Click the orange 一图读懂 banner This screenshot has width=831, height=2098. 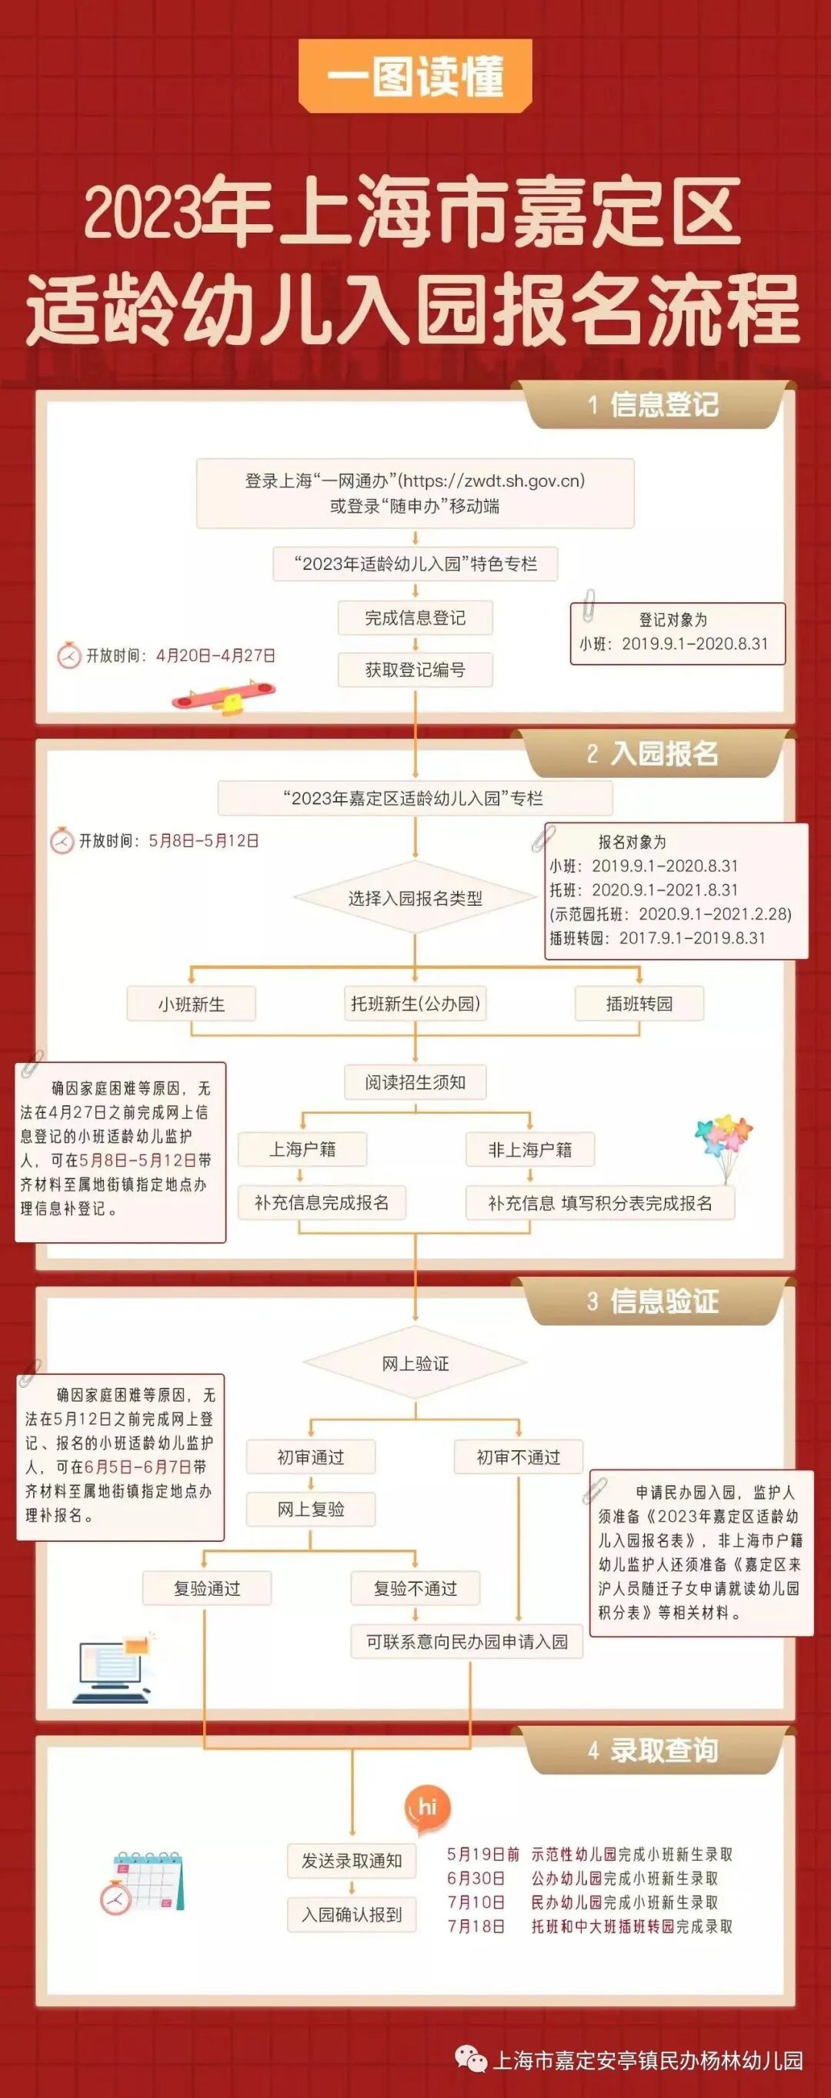click(415, 76)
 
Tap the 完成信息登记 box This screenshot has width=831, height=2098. click(415, 618)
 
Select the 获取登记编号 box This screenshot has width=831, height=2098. click(415, 670)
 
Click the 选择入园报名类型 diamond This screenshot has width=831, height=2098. click(415, 898)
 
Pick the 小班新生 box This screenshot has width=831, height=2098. click(192, 1004)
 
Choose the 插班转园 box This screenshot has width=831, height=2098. click(639, 1004)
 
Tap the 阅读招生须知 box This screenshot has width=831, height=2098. click(415, 1082)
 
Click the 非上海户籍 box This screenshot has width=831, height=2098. click(530, 1149)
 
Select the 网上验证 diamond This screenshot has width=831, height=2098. click(415, 1364)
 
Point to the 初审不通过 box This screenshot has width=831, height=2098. click(519, 1457)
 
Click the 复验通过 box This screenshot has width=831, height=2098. click(207, 1588)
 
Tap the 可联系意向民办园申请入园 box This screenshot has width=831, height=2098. click(467, 1641)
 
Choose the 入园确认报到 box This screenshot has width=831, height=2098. click(352, 1915)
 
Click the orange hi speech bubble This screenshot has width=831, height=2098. click(427, 1807)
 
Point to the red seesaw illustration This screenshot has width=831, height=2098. click(223, 696)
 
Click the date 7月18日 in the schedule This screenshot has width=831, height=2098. click(476, 1926)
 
